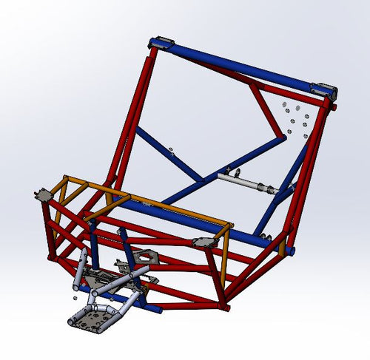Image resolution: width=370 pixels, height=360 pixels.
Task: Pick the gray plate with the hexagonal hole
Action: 147,257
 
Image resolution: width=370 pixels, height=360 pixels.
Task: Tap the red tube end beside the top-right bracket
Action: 334,107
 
